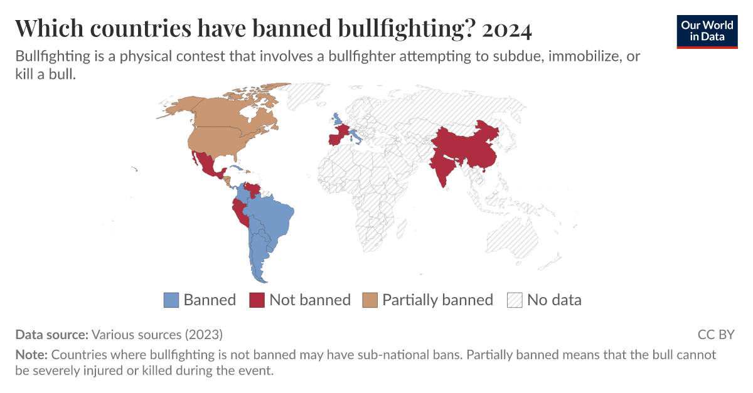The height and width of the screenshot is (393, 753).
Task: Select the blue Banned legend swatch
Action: [x=171, y=300]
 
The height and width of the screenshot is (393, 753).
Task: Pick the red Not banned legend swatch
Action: [x=257, y=300]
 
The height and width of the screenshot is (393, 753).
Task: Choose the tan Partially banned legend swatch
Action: [x=370, y=300]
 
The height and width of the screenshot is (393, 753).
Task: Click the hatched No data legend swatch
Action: [x=515, y=300]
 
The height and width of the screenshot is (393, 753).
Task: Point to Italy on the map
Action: [x=356, y=135]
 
